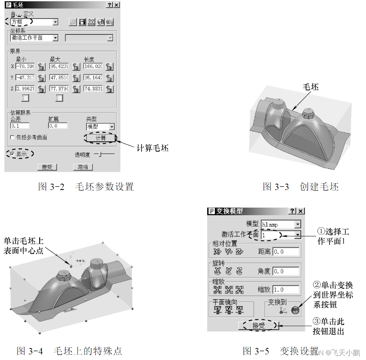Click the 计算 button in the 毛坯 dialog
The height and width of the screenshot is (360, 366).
[x=100, y=138]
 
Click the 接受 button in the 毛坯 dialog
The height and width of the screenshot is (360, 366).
[x=47, y=167]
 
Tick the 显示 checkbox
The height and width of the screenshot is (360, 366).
[x=13, y=154]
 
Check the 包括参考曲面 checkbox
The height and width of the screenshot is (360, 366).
[x=13, y=137]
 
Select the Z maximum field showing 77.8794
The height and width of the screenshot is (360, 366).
[x=59, y=89]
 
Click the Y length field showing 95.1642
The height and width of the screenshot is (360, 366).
[x=93, y=78]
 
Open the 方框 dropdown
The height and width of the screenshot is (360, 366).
[x=56, y=22]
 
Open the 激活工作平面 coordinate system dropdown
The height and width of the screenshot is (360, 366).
[x=56, y=38]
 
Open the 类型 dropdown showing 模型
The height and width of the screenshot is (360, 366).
[x=112, y=126]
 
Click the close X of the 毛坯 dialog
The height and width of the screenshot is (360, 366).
[x=116, y=5]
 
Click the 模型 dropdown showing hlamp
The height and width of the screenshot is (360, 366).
[x=297, y=224]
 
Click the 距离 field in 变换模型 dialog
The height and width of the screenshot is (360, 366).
[x=286, y=252]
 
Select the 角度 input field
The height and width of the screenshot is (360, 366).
[x=286, y=271]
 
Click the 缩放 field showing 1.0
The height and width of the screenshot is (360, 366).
[x=286, y=290]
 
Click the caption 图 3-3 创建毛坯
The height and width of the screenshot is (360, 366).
[x=300, y=187]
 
